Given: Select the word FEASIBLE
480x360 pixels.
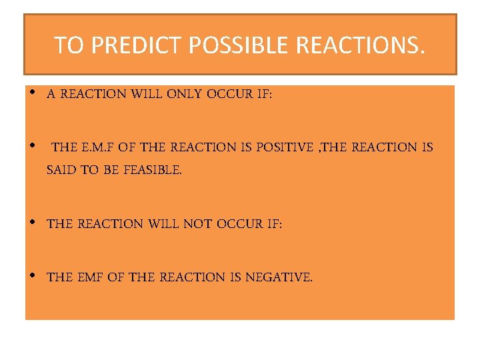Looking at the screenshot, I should click(x=153, y=170).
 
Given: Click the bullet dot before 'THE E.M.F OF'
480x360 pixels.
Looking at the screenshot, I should click(x=33, y=145).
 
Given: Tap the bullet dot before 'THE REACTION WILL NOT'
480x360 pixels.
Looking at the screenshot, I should click(x=33, y=222).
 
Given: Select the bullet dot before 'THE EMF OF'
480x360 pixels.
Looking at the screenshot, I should click(x=33, y=275).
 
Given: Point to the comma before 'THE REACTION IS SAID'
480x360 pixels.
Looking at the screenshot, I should click(x=318, y=150).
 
